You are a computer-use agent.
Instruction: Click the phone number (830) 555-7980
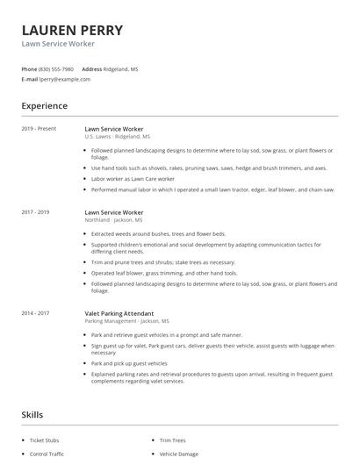click(x=56, y=68)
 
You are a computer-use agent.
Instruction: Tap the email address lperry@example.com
click(x=65, y=79)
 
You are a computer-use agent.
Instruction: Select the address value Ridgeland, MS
click(x=121, y=68)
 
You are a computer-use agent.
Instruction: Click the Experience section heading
click(x=44, y=106)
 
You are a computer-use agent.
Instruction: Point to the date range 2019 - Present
click(x=39, y=129)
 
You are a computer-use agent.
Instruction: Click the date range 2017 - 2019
click(x=35, y=212)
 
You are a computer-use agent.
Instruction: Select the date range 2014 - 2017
click(x=35, y=313)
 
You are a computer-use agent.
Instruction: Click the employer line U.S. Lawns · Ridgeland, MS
click(x=117, y=137)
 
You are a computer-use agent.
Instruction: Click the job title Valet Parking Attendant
click(x=119, y=313)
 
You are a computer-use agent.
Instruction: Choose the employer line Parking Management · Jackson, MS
click(x=126, y=321)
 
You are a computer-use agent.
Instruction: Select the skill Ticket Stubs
click(x=45, y=440)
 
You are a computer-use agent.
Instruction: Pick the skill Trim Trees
click(x=172, y=440)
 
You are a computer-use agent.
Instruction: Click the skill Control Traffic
click(x=47, y=454)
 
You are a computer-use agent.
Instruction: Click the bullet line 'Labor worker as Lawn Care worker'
click(x=133, y=178)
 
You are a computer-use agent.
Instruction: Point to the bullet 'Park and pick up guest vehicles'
click(x=129, y=363)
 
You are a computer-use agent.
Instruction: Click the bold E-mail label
click(x=30, y=79)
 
